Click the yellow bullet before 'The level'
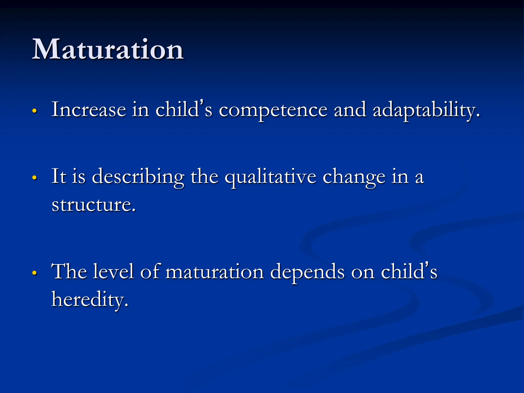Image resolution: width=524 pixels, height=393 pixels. tap(35, 273)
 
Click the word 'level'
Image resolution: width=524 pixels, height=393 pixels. tap(113, 271)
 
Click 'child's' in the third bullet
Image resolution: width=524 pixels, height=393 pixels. tap(409, 271)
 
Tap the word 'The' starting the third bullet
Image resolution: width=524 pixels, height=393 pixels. tap(69, 271)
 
